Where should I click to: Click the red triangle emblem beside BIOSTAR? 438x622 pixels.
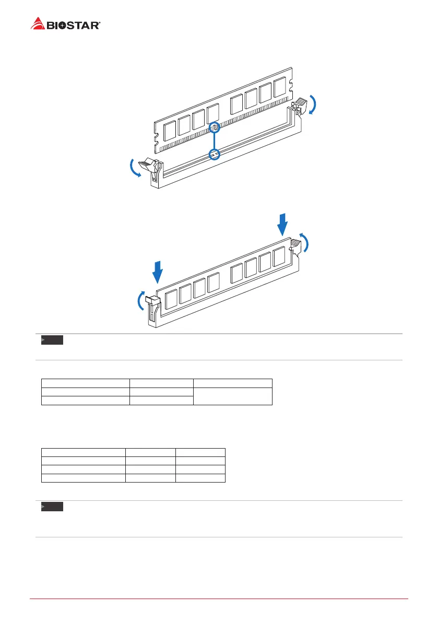pyautogui.click(x=37, y=24)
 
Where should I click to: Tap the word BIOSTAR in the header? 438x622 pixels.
pyautogui.click(x=73, y=25)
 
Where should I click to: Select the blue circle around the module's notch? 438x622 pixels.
pyautogui.click(x=215, y=127)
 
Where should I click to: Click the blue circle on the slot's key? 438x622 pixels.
pyautogui.click(x=215, y=154)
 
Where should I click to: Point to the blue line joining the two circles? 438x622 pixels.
pyautogui.click(x=215, y=140)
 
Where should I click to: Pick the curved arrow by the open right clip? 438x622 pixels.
pyautogui.click(x=312, y=104)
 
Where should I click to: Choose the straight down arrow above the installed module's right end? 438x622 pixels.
pyautogui.click(x=282, y=224)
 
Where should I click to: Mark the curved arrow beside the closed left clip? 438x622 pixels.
pyautogui.click(x=140, y=301)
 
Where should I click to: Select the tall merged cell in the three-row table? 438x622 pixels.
pyautogui.click(x=232, y=396)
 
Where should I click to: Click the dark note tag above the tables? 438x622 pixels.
pyautogui.click(x=52, y=341)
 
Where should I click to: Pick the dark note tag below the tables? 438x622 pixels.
pyautogui.click(x=52, y=507)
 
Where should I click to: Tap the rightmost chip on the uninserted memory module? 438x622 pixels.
pyautogui.click(x=280, y=86)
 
